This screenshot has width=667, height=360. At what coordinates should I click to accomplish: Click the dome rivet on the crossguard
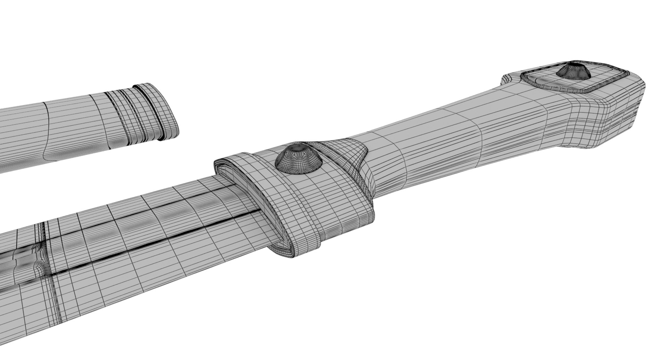pos(298,159)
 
